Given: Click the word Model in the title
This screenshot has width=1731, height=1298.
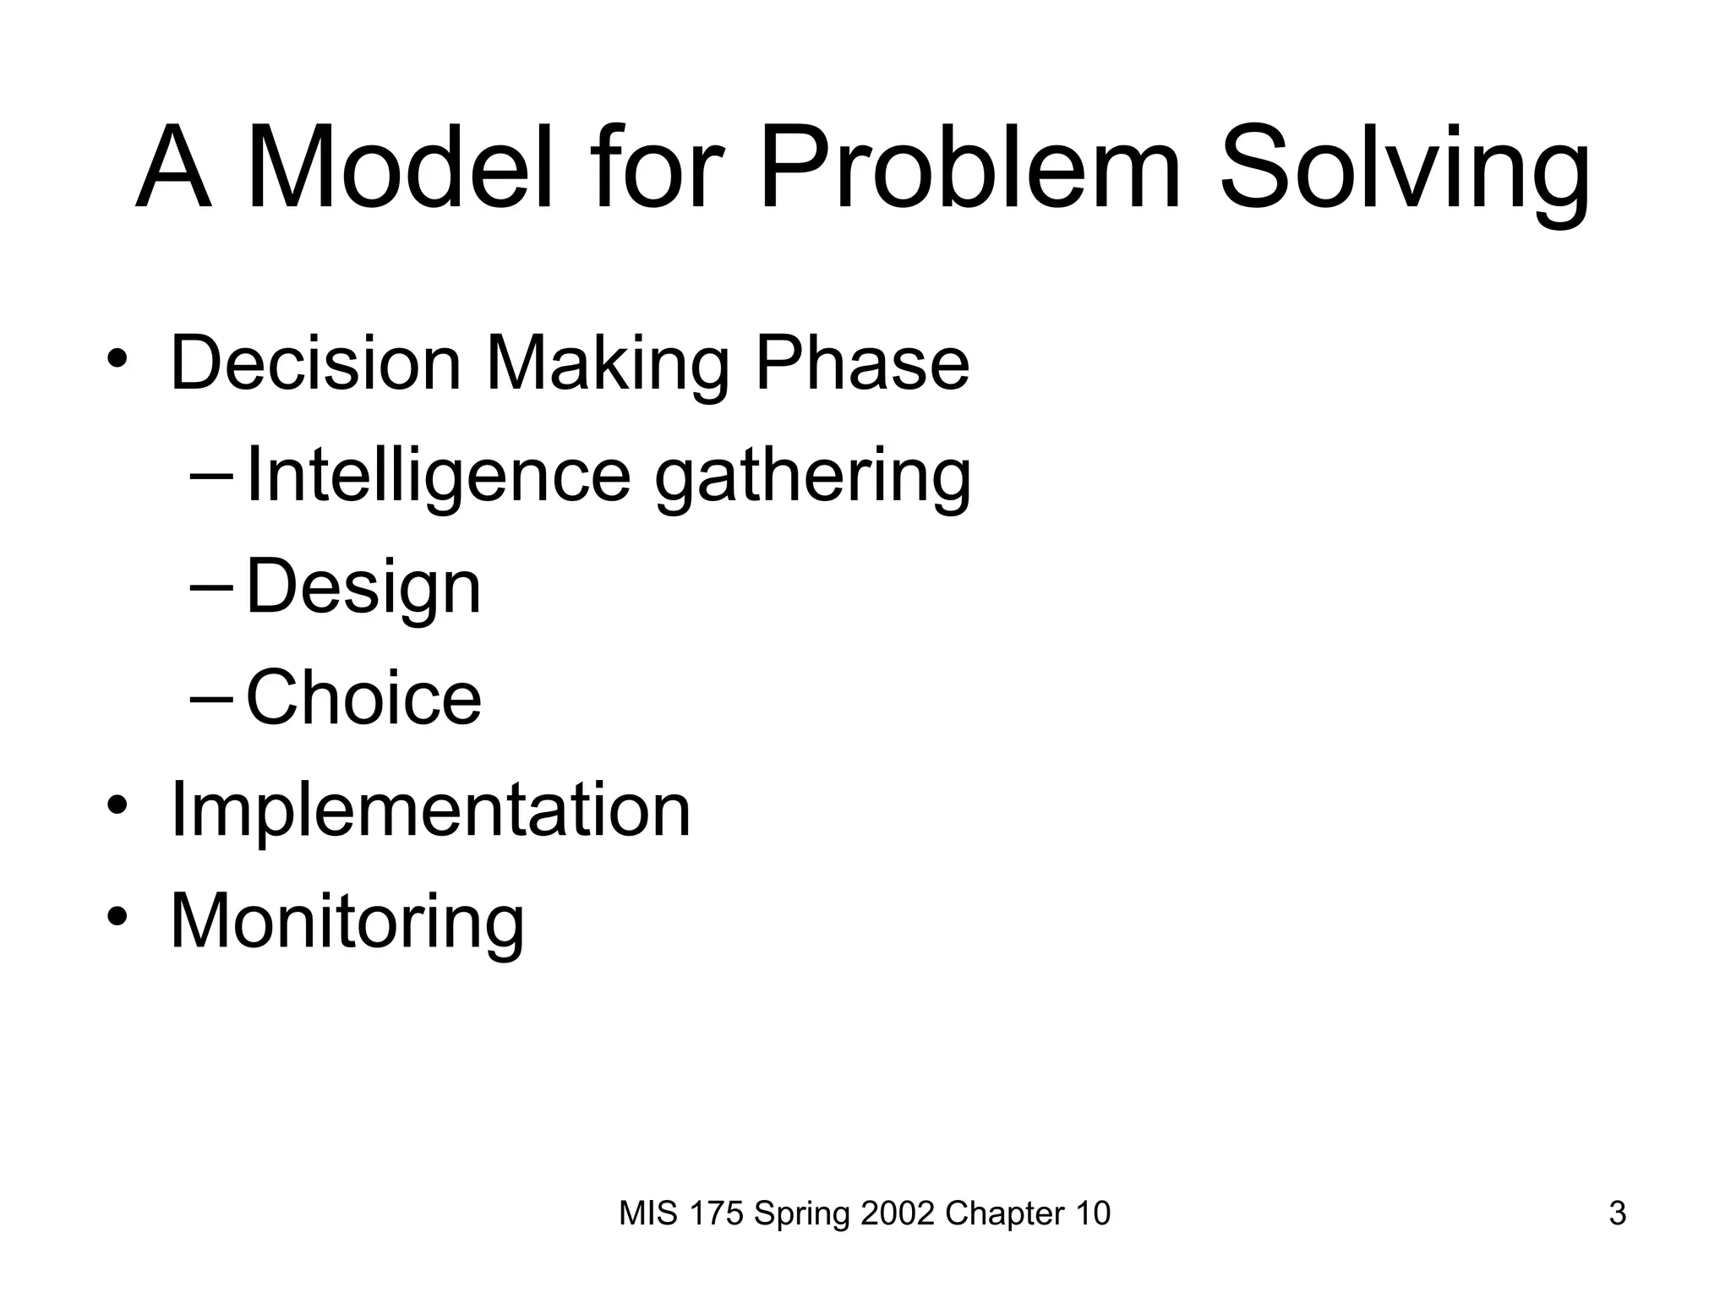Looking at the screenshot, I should [399, 167].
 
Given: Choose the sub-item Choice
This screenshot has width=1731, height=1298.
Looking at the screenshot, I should [363, 698].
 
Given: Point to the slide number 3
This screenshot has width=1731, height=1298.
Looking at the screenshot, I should [1617, 1213].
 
